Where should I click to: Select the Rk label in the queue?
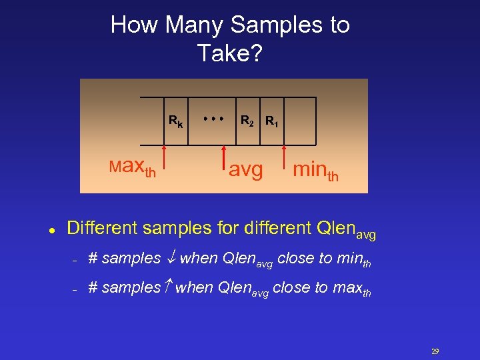pos(176,122)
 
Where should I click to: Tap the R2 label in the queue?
pos(247,121)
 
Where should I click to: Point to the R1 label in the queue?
pos(272,122)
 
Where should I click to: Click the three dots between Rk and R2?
pos(213,118)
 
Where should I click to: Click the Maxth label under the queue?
pos(133,167)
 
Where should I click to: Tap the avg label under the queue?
pos(245,171)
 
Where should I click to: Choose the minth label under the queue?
pos(315,171)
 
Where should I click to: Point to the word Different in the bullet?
pos(100,228)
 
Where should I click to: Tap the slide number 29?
pos(435,352)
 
